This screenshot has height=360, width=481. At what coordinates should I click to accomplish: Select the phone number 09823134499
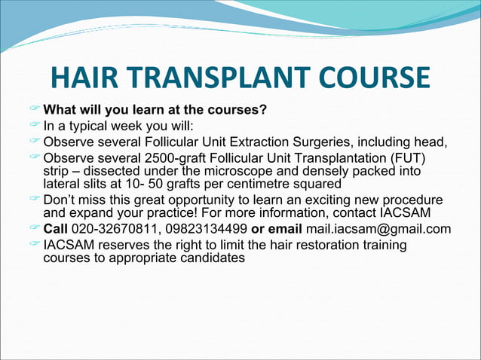(x=204, y=230)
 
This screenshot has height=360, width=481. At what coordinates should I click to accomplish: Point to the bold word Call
(x=56, y=230)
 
